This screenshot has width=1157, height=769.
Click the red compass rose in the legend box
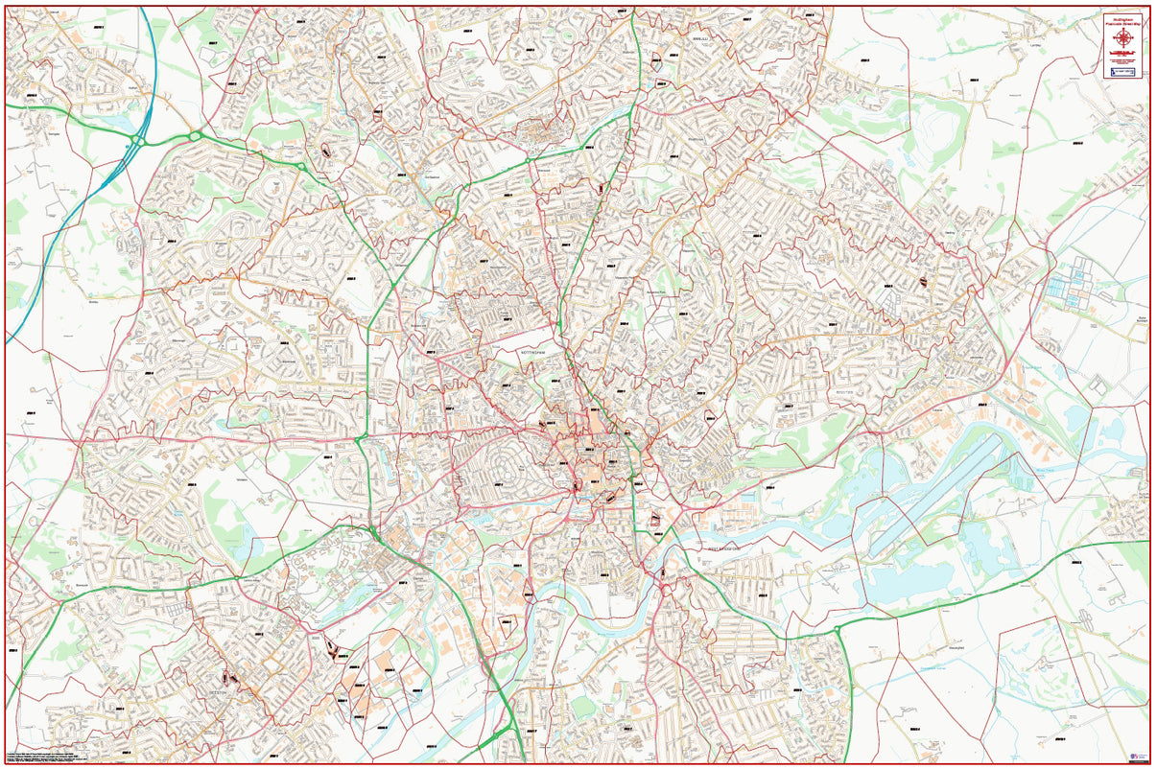click(x=1122, y=38)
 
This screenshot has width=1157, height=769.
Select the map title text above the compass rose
click(x=1122, y=18)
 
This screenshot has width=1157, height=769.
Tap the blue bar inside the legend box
click(x=1122, y=71)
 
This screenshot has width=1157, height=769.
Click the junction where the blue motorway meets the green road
click(x=136, y=141)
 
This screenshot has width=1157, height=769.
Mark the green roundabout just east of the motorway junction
click(x=195, y=136)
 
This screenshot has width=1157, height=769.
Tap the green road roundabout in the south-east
click(x=838, y=630)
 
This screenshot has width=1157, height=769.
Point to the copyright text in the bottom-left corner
click(x=48, y=755)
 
